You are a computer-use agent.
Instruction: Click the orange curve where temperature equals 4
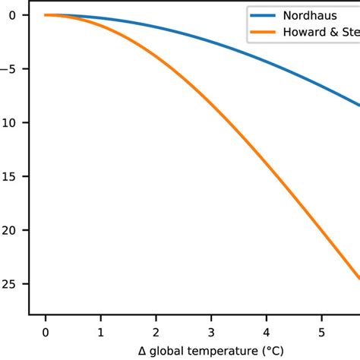tap(266, 163)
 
